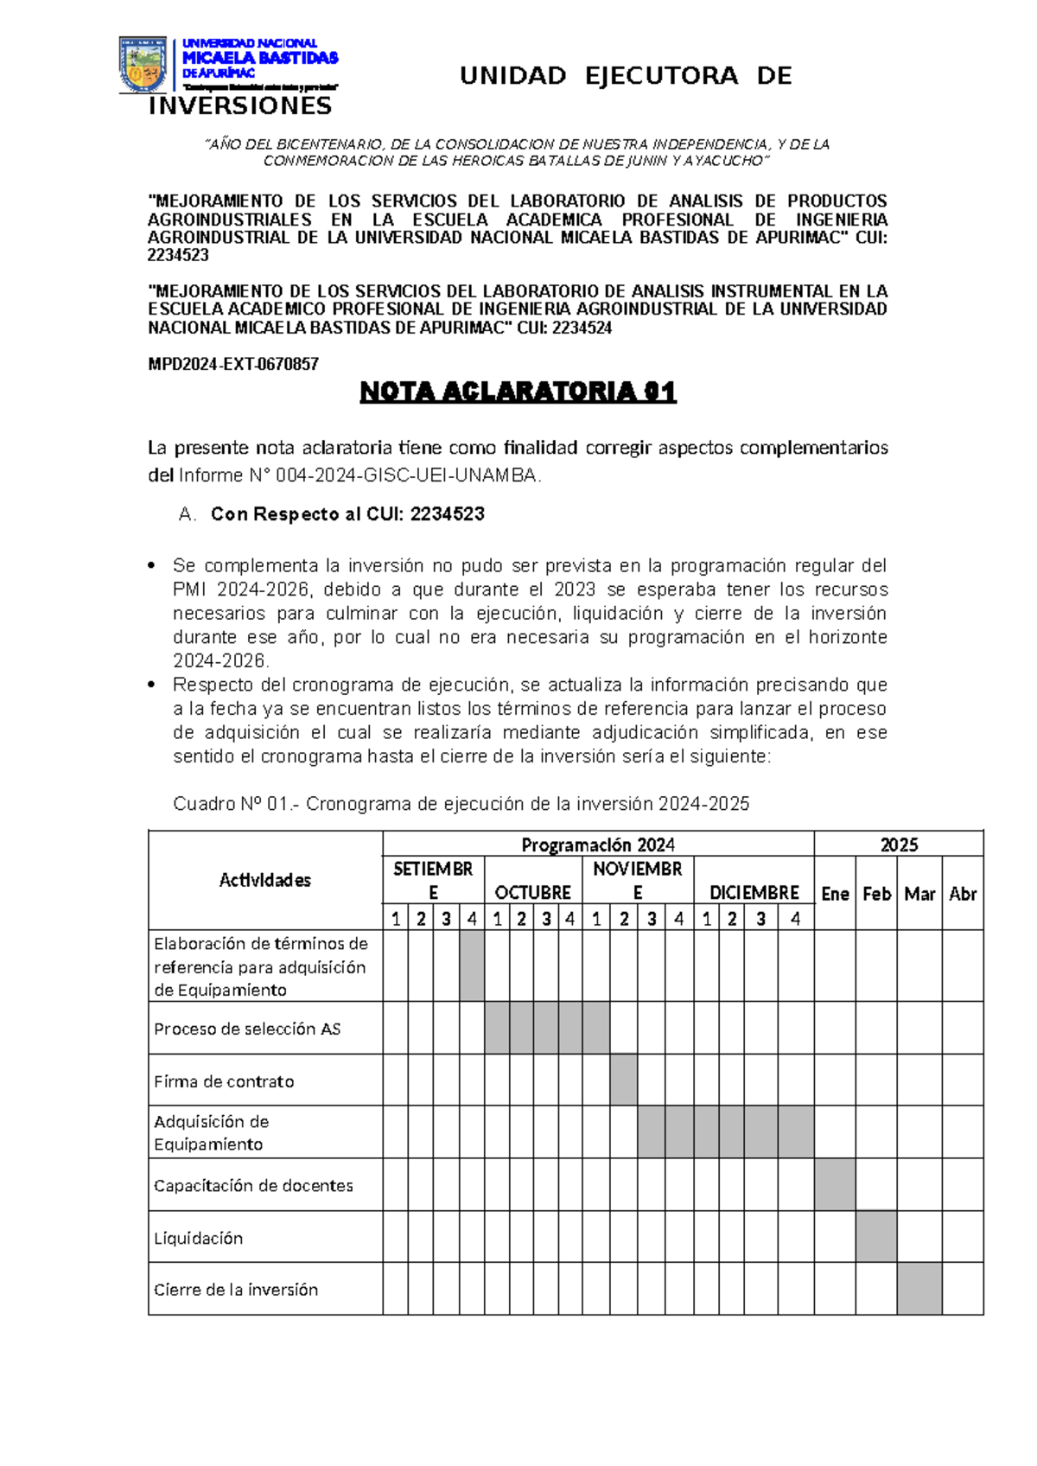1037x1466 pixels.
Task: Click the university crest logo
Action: coord(143,64)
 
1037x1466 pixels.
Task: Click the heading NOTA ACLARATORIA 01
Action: coord(518,392)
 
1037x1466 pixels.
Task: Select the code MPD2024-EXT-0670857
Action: coord(233,364)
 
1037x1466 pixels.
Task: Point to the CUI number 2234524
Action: coord(582,328)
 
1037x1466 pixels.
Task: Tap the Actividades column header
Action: coord(264,880)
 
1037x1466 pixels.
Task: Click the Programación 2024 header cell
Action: coord(598,845)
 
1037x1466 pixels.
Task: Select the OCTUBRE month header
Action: coord(532,892)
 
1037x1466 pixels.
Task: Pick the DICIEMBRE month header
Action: coord(754,892)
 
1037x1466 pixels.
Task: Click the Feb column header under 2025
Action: coord(876,894)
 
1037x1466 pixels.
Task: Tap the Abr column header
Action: coord(963,894)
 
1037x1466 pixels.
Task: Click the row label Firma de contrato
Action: coord(224,1081)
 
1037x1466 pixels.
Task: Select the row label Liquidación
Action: coord(199,1238)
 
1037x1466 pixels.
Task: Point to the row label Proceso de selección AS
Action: coord(247,1029)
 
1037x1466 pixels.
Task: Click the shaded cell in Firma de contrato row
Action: coord(624,1080)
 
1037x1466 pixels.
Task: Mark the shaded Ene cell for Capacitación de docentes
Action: coord(835,1184)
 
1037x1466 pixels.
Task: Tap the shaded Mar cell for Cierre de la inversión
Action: coord(919,1289)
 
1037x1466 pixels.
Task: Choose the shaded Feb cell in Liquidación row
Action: coord(876,1236)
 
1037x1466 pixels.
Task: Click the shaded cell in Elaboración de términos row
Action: coord(472,966)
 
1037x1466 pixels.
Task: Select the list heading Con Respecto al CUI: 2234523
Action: coord(347,514)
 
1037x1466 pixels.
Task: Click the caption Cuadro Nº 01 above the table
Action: coord(461,804)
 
